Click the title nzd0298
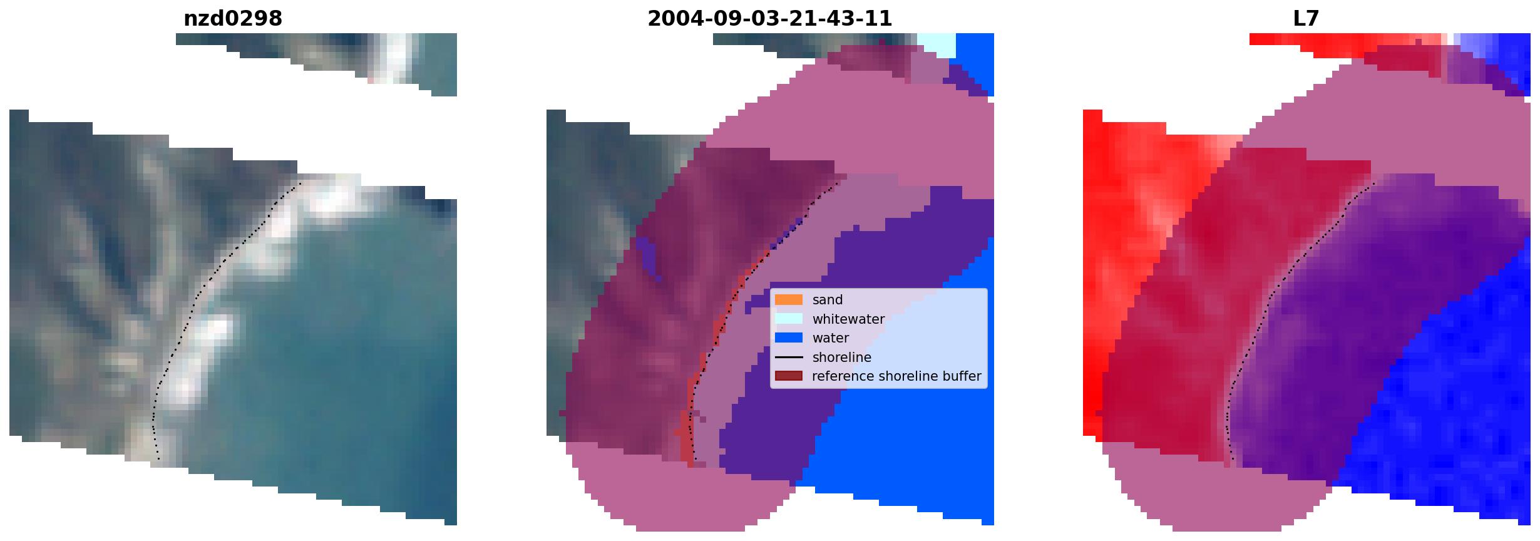click(x=232, y=19)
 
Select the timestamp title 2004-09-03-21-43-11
click(x=769, y=19)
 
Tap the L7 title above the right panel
click(x=1306, y=19)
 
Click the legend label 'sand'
click(x=827, y=300)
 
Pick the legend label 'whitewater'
click(x=848, y=319)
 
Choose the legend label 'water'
click(x=830, y=338)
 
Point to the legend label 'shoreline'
click(x=841, y=358)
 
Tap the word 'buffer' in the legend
click(x=963, y=376)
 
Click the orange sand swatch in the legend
click(x=789, y=300)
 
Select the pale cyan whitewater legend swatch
click(x=789, y=319)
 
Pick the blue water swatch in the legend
click(x=789, y=338)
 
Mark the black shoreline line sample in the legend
click(x=789, y=358)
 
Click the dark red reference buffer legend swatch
click(x=789, y=376)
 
